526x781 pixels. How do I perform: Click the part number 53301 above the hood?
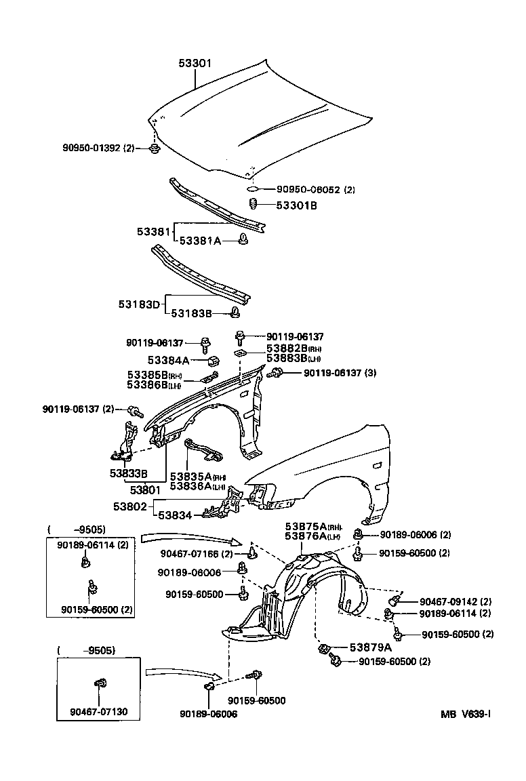195,63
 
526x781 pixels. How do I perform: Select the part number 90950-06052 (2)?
315,190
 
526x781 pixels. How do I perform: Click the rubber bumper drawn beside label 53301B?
252,205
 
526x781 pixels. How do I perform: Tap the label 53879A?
370,647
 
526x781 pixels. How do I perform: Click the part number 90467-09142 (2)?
455,601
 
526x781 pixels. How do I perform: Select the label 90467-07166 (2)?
197,554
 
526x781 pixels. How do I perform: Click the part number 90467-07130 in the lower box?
98,713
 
